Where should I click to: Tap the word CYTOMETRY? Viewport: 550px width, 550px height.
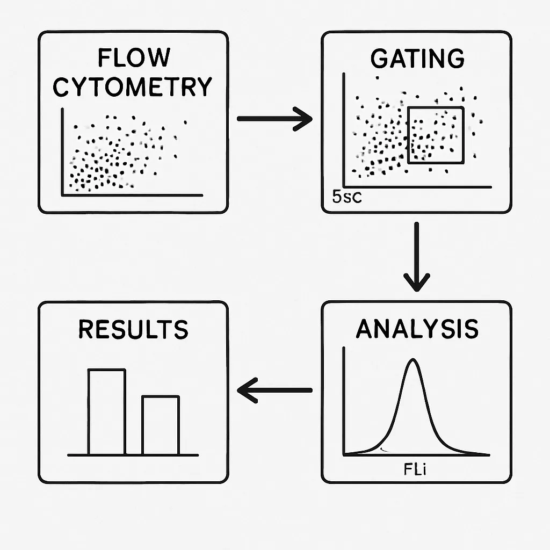coord(133,87)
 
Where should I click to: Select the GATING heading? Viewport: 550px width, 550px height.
coord(417,59)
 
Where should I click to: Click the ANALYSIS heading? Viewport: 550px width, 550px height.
coord(417,329)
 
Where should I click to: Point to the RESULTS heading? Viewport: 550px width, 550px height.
coord(133,329)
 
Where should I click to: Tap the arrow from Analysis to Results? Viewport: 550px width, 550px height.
coord(274,390)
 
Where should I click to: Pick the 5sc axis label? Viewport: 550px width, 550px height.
coord(347,197)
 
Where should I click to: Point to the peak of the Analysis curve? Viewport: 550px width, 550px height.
coord(412,361)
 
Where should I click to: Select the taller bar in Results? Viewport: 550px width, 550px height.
coord(107,411)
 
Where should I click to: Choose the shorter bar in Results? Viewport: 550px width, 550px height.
coord(161,425)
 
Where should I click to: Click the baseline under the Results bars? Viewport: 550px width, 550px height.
coord(133,455)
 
